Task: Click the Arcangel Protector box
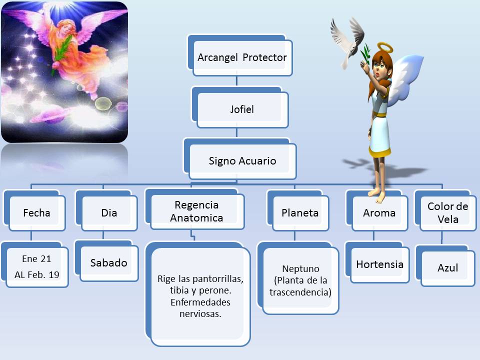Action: [x=242, y=57]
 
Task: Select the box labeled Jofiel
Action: [x=242, y=109]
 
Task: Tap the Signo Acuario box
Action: [x=242, y=161]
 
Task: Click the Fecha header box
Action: [x=36, y=212]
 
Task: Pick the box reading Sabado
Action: [x=108, y=263]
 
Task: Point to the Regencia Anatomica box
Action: [x=196, y=211]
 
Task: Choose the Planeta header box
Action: [x=300, y=212]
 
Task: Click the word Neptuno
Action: [x=300, y=268]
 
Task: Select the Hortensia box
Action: [x=379, y=264]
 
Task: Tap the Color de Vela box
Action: [x=447, y=212]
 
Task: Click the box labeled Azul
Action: [x=447, y=268]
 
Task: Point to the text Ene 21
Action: [x=36, y=258]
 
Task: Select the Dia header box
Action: [x=108, y=212]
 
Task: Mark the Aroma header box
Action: [x=379, y=212]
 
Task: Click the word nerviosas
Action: [x=200, y=314]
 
